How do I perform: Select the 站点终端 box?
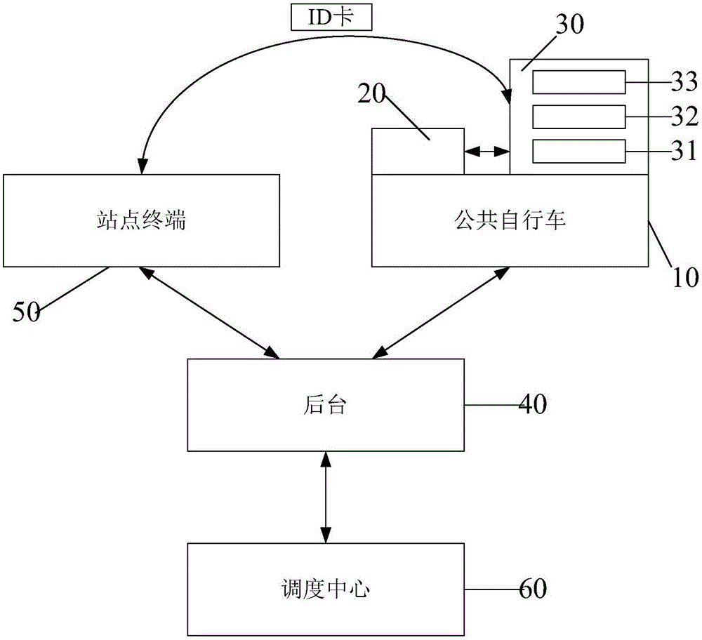point(141,220)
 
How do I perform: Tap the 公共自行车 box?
point(510,220)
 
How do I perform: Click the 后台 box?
point(326,404)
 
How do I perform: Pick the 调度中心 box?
point(326,588)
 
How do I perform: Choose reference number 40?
point(532,404)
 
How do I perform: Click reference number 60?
point(532,588)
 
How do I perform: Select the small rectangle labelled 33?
point(578,82)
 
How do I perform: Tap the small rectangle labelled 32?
point(578,116)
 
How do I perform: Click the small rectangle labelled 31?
point(578,150)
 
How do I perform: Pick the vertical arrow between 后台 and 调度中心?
point(325,498)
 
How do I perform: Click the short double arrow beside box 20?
point(486,150)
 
